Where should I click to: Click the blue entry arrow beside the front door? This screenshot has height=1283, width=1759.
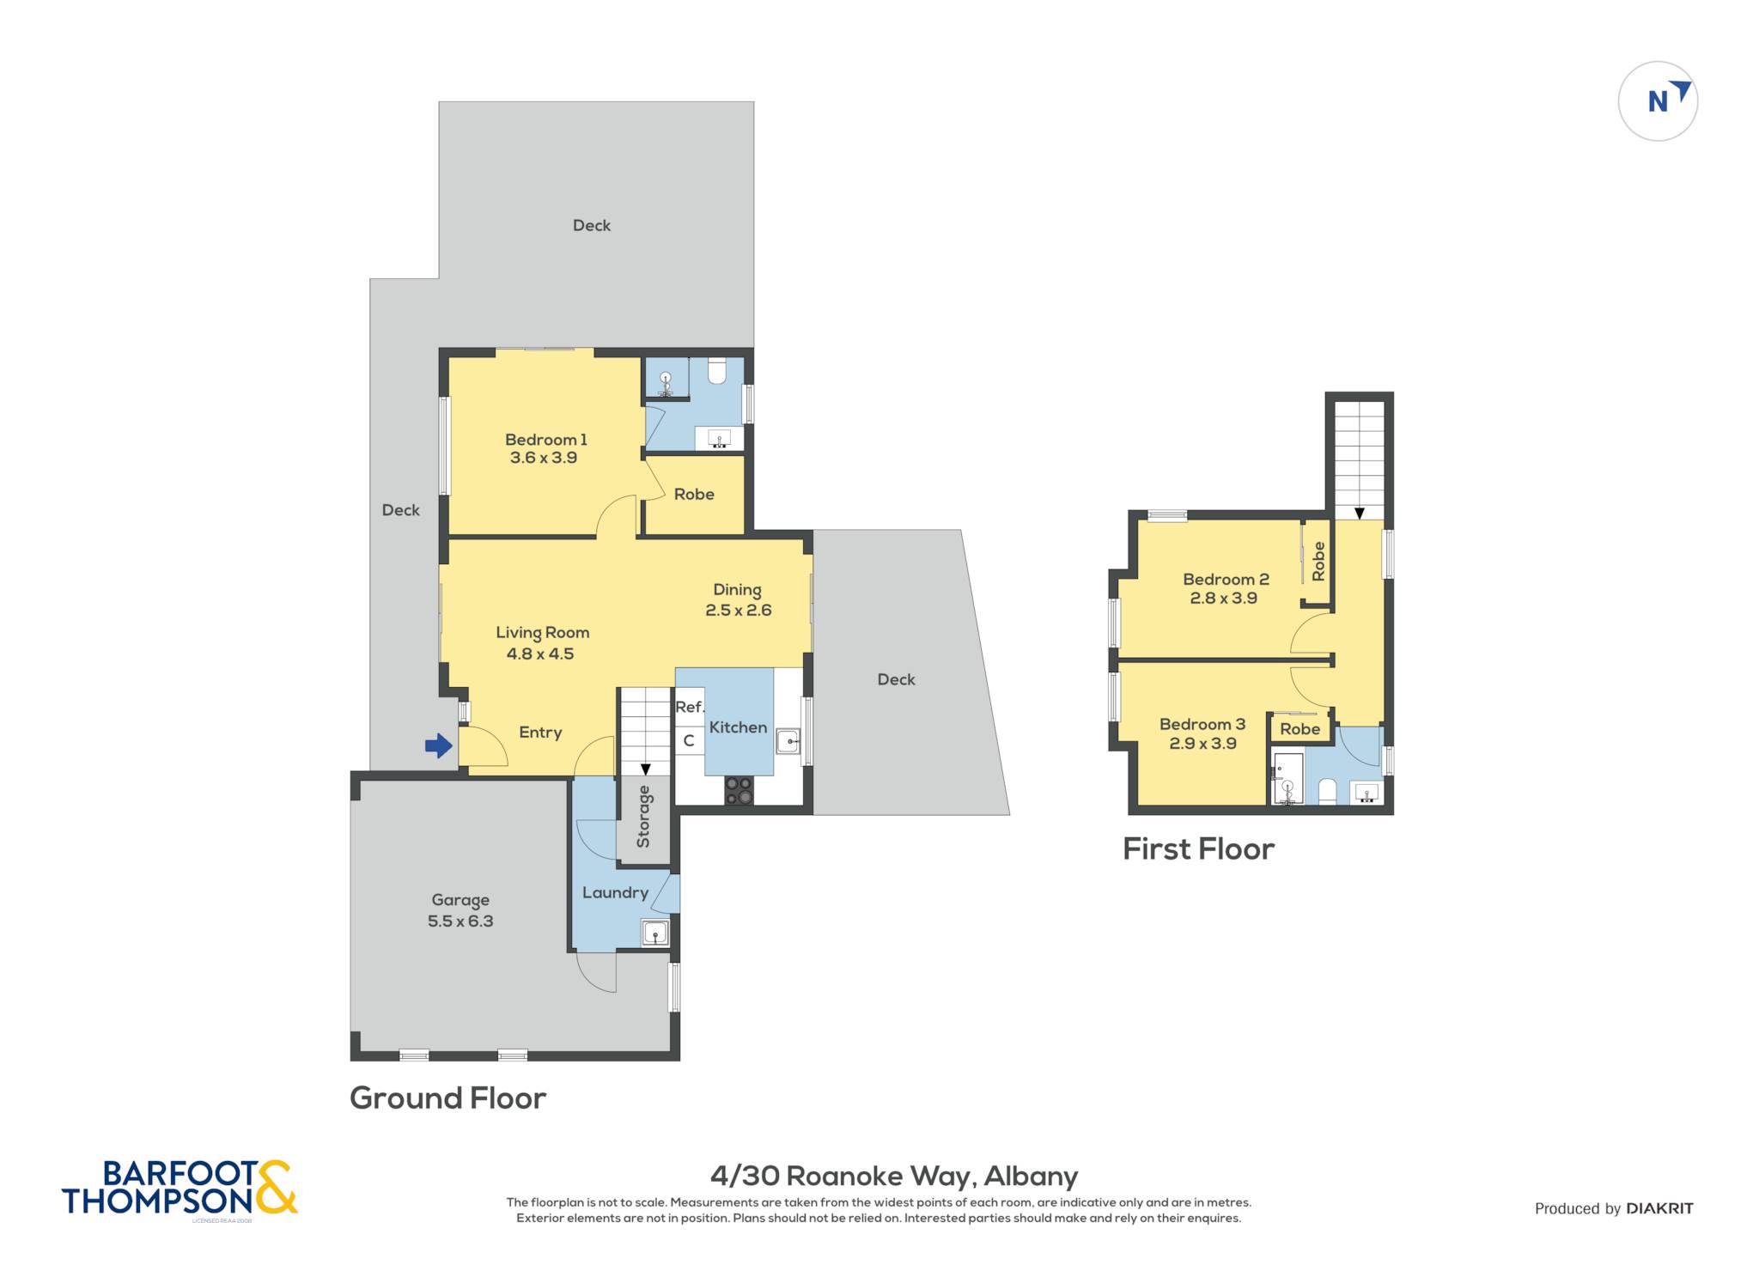439,745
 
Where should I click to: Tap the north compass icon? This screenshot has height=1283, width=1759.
1658,101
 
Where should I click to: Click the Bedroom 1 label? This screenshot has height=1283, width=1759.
545,440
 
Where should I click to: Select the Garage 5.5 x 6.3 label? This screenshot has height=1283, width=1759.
460,910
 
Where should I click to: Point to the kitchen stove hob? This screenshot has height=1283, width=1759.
739,791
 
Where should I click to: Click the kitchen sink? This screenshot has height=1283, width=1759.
788,740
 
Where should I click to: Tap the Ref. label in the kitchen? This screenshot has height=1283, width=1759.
690,707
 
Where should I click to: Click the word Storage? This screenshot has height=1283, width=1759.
643,816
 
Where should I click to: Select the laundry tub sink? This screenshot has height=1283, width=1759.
654,933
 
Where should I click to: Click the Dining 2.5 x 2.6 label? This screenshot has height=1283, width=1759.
738,599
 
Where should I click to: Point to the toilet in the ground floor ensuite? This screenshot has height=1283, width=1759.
716,370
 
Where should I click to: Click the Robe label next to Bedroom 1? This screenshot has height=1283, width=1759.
694,494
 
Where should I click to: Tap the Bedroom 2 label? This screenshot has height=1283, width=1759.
1226,580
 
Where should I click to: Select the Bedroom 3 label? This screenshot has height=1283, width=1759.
1202,724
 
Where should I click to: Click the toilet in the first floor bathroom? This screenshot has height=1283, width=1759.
1327,791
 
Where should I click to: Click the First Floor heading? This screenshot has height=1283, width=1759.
1198,848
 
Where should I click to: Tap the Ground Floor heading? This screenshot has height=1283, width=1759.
447,1098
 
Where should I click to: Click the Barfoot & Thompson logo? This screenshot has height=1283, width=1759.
180,1188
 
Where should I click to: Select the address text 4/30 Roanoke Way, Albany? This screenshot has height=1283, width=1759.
894,1176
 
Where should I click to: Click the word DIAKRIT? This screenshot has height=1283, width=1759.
1659,1208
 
